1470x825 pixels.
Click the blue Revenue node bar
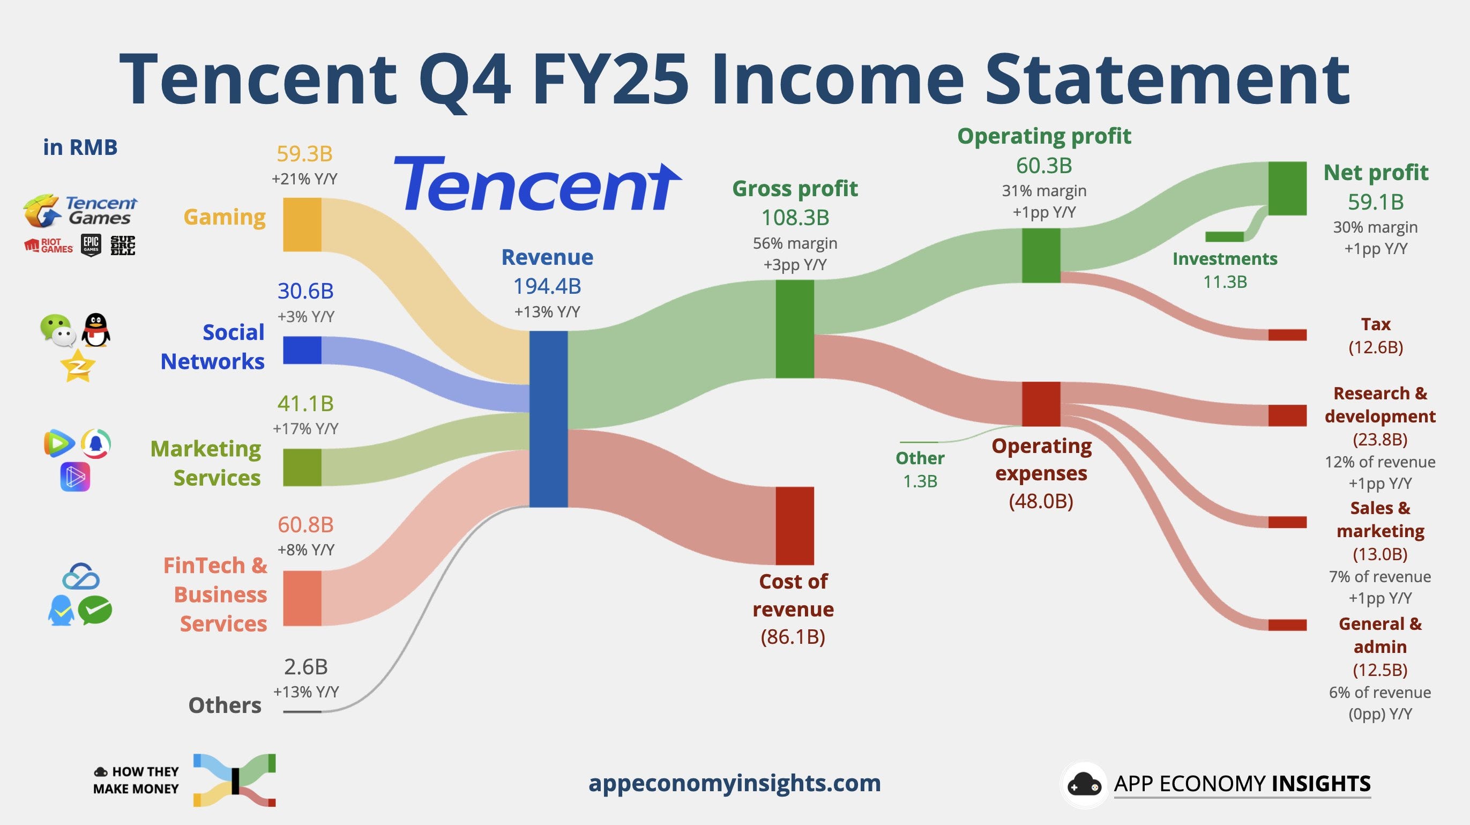[x=548, y=419]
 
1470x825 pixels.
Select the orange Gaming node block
[x=302, y=225]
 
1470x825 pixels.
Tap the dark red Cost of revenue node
[x=794, y=525]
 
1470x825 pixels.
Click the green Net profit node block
[x=1287, y=188]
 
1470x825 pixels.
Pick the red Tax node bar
[x=1287, y=335]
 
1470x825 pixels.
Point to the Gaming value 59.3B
[x=304, y=153]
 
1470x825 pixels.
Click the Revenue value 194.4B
[x=547, y=286]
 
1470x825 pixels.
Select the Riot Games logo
[x=49, y=246]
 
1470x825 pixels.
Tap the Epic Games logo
[x=91, y=245]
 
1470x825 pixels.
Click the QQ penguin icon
[x=96, y=330]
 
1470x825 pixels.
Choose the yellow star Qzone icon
[x=77, y=366]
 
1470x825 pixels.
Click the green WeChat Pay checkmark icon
[x=95, y=611]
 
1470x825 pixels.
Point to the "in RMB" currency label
[x=80, y=147]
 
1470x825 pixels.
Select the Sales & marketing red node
[x=1287, y=522]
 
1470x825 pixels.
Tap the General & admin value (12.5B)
[x=1380, y=669]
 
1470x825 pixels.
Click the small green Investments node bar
[x=1224, y=236]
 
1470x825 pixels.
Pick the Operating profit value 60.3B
[x=1044, y=166]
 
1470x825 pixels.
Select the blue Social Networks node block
[x=302, y=350]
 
